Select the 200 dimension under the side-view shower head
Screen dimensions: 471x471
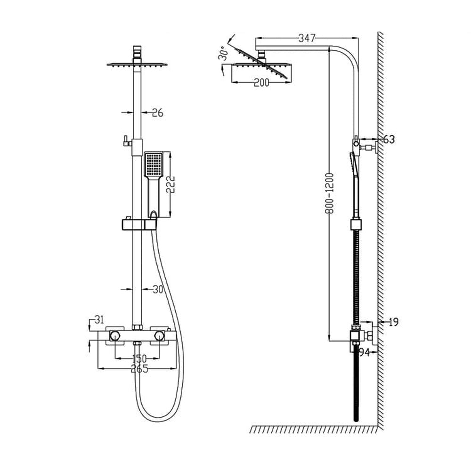(260, 83)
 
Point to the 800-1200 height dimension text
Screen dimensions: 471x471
(330, 193)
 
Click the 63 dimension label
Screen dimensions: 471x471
(389, 139)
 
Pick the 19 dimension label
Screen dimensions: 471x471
(394, 322)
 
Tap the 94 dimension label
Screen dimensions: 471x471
(364, 352)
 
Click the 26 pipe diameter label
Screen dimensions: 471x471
(157, 113)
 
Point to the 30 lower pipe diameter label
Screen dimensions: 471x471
(157, 290)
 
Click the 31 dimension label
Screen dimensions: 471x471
(99, 320)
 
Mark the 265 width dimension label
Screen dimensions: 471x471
(139, 369)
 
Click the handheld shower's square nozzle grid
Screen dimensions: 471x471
(153, 165)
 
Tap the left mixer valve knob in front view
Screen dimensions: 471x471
(114, 335)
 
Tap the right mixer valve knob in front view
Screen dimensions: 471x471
(160, 335)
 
